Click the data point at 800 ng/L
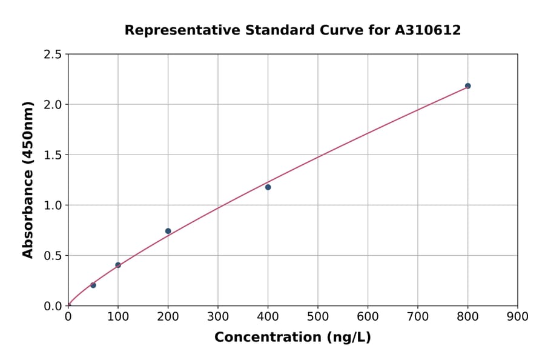click(x=467, y=86)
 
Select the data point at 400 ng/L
click(x=268, y=187)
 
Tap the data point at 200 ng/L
click(x=168, y=231)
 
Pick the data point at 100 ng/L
click(x=118, y=265)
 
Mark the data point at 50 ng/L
click(x=93, y=285)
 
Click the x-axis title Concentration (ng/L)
click(x=292, y=337)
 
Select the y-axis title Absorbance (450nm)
click(x=28, y=179)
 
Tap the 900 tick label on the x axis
click(x=517, y=316)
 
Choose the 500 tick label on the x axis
click(x=317, y=316)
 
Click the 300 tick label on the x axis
click(x=217, y=316)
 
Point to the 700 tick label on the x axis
click(x=417, y=316)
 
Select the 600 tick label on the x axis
click(x=368, y=316)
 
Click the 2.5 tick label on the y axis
click(x=52, y=55)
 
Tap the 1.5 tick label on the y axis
click(x=52, y=155)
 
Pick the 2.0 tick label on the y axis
click(x=52, y=105)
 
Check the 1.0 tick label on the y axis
click(x=52, y=205)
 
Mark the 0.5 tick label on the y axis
click(x=52, y=256)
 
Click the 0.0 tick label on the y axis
click(x=52, y=306)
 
